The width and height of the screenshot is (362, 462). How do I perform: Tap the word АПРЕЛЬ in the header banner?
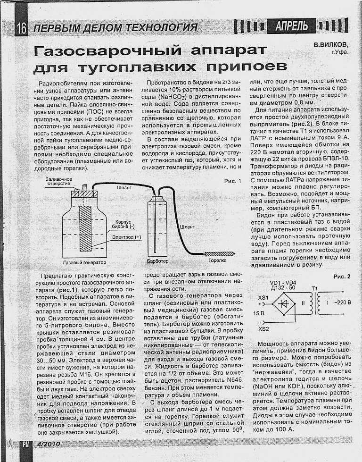pyautogui.click(x=292, y=26)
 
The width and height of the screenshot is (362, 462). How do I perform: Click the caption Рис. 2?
pyautogui.click(x=342, y=276)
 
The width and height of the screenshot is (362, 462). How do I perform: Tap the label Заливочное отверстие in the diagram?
pyautogui.click(x=59, y=182)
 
